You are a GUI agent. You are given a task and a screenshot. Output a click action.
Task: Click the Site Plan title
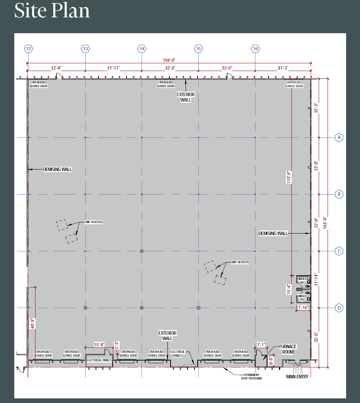click(52, 11)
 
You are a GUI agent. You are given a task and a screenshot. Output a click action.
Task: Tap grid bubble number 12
click(28, 49)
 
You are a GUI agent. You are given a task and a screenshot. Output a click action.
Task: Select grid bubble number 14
click(142, 49)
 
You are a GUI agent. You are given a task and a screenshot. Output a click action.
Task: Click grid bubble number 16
click(255, 49)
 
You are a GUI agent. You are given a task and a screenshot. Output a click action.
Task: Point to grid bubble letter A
click(339, 137)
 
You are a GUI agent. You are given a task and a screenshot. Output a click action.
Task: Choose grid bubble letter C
click(339, 251)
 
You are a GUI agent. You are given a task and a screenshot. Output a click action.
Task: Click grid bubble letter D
click(339, 308)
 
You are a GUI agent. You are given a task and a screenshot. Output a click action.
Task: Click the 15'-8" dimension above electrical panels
click(99, 345)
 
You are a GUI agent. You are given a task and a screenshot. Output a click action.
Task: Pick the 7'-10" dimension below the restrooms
click(304, 308)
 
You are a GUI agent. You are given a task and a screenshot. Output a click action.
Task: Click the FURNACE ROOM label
click(288, 349)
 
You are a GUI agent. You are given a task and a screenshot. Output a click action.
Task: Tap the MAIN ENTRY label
click(297, 376)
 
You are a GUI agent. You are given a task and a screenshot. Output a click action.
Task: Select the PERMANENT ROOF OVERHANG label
click(253, 376)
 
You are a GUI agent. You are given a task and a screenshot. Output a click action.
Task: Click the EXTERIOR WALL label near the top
click(186, 97)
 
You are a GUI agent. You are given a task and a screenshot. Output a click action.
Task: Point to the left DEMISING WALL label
click(57, 169)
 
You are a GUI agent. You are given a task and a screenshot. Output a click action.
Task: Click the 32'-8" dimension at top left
click(56, 68)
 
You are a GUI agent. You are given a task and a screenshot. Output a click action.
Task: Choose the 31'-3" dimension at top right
click(284, 68)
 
